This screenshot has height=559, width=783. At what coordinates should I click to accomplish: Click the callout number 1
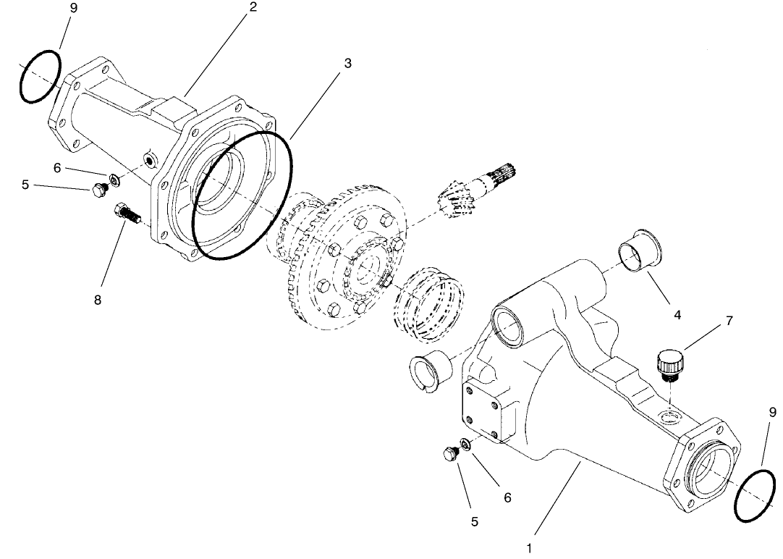[530, 548]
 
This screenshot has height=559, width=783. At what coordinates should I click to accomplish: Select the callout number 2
[253, 7]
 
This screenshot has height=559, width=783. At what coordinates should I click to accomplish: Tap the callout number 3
[348, 63]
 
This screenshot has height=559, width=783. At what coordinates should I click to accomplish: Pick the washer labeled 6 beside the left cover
[115, 180]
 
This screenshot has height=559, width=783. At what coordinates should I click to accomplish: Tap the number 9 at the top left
[74, 7]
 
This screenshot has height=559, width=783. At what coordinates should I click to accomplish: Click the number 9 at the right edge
[773, 413]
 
